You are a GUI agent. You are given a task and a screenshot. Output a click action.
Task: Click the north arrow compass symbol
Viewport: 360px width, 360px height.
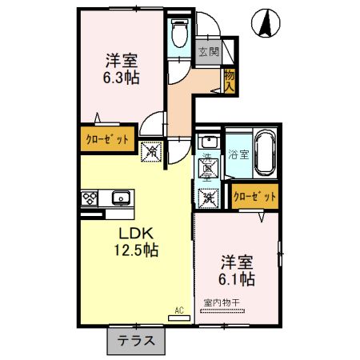pos(264,22)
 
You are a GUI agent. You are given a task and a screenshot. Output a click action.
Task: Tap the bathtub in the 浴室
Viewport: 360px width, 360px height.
pos(265,151)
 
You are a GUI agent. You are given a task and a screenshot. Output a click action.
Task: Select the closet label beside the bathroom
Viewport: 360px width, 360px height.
pos(254,195)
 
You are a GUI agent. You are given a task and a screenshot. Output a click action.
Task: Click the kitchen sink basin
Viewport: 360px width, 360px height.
pos(121,197)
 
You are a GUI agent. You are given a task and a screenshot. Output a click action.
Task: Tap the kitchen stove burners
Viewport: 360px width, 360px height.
pos(89,198)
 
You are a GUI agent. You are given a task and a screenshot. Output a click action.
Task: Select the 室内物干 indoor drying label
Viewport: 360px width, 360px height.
pos(226,302)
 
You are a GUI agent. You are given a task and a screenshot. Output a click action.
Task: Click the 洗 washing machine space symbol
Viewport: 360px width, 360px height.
pos(208,195)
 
